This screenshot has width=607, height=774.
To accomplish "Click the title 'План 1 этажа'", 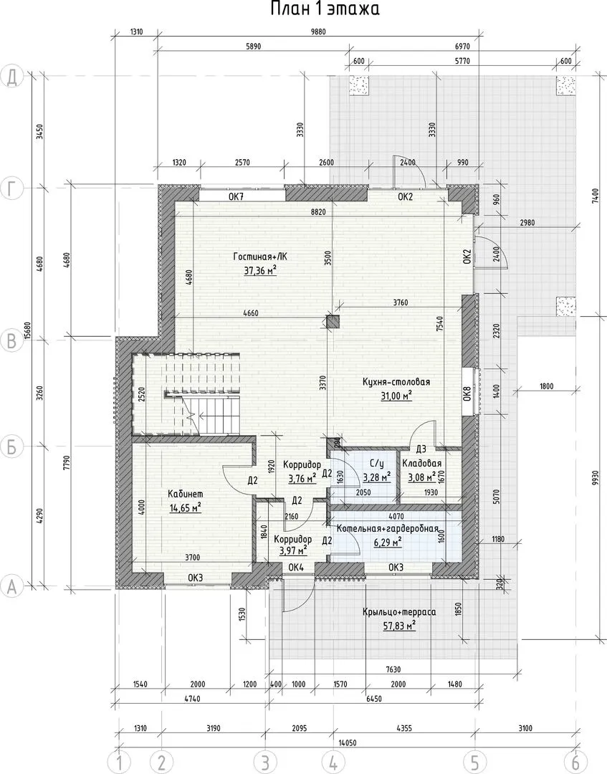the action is point(325,9).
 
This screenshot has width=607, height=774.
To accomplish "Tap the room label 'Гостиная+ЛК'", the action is point(259,257).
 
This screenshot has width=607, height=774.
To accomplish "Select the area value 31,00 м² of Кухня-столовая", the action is point(396,396).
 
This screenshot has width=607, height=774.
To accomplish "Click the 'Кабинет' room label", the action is point(185,494).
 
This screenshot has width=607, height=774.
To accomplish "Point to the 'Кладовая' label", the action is point(421,464).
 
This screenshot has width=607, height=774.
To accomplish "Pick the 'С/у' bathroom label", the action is point(377,464).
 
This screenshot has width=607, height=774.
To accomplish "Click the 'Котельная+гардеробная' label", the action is point(388,529).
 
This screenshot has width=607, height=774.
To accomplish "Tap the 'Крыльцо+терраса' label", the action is point(399,612).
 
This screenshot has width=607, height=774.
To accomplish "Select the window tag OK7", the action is point(237,196).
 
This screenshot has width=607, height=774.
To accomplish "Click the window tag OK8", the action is point(467,394).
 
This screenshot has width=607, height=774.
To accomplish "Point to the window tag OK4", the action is point(295,568).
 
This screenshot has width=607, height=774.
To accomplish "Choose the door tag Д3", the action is point(421,449).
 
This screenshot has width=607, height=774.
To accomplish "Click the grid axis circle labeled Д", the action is point(11,77).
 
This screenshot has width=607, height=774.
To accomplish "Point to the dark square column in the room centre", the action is point(333,322).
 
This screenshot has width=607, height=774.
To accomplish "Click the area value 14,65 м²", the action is point(185,508).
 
